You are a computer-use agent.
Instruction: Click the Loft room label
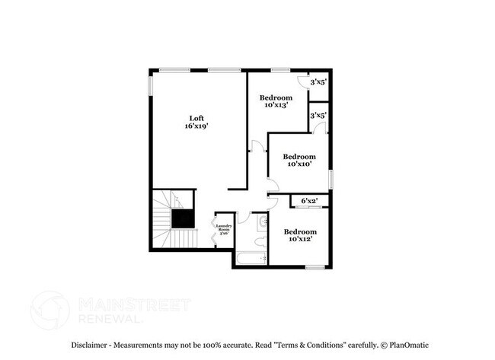pyautogui.click(x=196, y=118)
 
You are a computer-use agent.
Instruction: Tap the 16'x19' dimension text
pyautogui.click(x=196, y=126)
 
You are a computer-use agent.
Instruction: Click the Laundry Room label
pyautogui.click(x=223, y=229)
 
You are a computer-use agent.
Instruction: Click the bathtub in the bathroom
pyautogui.click(x=251, y=259)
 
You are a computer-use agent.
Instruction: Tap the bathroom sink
pyautogui.click(x=262, y=221)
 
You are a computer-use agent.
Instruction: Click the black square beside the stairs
pyautogui.click(x=182, y=219)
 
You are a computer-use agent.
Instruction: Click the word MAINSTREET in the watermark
pyautogui.click(x=133, y=305)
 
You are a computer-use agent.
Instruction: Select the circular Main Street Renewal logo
pyautogui.click(x=49, y=310)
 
